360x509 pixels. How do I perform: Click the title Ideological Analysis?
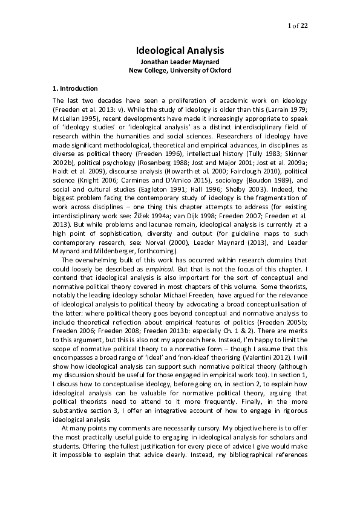179,51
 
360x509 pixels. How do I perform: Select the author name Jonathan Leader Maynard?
180,62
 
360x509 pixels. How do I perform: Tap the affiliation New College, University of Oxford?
180,70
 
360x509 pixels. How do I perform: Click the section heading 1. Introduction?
75,88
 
